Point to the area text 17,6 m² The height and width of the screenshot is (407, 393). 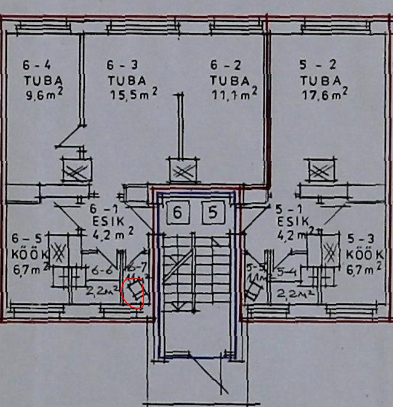tap(324, 93)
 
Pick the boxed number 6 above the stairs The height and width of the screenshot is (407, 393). tap(178, 213)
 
